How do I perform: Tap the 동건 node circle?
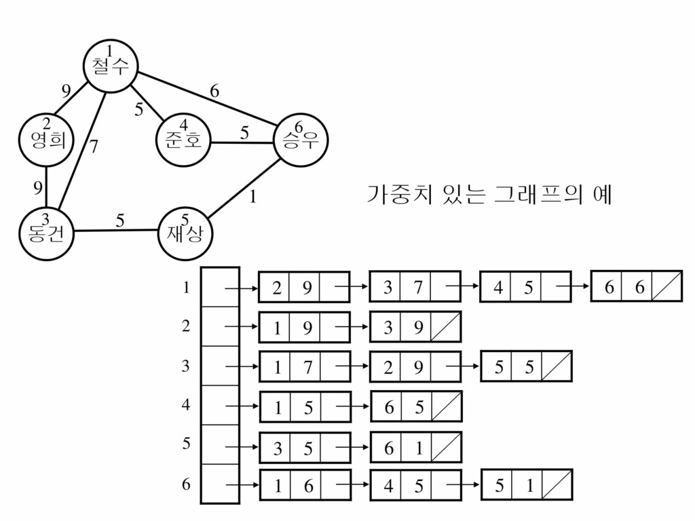[x=46, y=233]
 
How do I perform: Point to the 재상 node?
[x=185, y=233]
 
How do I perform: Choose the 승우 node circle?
[x=299, y=140]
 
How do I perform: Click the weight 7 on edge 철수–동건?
[x=94, y=146]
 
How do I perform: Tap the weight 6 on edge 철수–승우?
[x=214, y=91]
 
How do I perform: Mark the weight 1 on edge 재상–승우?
[x=252, y=197]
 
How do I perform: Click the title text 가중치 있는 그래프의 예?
[x=489, y=195]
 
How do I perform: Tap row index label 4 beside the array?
[x=186, y=405]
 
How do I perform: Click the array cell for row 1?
[x=220, y=288]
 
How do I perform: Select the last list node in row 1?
[x=636, y=286]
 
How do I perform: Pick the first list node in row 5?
[x=305, y=448]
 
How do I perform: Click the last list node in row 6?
[x=527, y=485]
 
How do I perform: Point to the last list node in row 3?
[x=527, y=366]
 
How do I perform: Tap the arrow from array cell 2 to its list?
[x=240, y=328]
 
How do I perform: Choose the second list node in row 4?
[x=416, y=406]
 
